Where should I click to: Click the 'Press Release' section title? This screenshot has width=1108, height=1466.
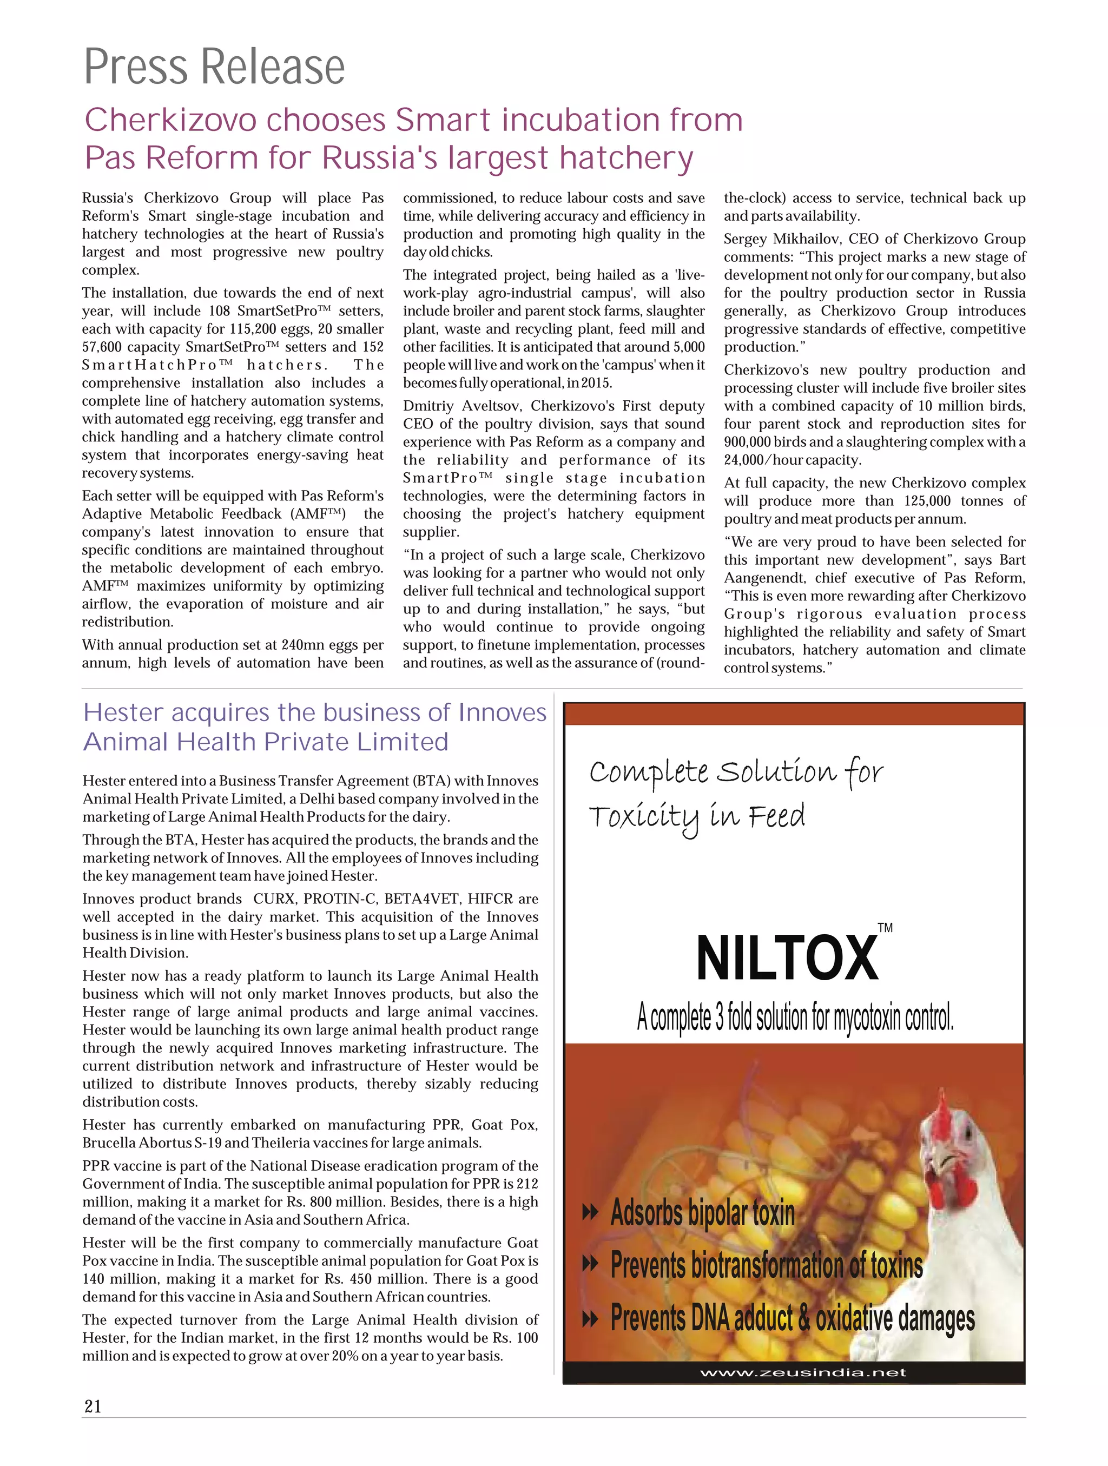tap(214, 67)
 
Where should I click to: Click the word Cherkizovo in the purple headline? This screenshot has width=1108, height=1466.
tap(170, 121)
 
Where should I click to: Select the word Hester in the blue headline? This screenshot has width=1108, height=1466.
tap(123, 713)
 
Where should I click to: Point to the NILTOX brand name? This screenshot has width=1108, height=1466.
tap(787, 959)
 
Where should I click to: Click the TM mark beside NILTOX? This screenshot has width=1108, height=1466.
tap(885, 928)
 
